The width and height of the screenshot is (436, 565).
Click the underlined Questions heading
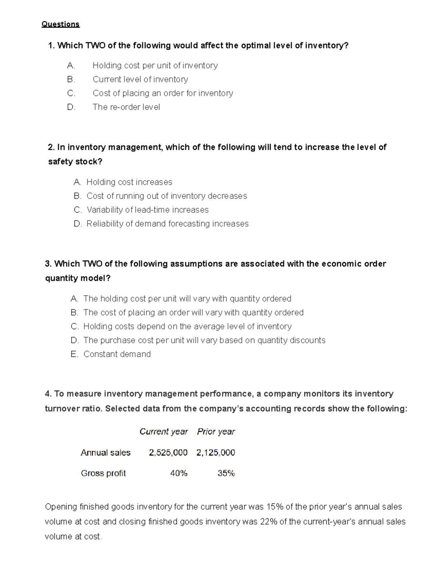point(60,24)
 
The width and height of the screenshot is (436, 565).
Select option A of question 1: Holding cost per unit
point(155,65)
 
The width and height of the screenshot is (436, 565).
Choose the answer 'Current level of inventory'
point(140,79)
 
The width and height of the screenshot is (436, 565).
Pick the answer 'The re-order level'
point(126,107)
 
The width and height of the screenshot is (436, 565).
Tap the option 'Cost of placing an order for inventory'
point(163,93)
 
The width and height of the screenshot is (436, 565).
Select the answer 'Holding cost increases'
point(129,182)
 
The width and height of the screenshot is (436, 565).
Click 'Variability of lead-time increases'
point(148,210)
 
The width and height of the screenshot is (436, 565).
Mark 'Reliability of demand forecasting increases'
point(167,224)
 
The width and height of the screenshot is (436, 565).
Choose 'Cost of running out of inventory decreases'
point(166,196)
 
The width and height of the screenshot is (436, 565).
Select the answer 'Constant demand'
point(117,354)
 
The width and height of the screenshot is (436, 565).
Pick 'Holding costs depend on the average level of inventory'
point(187,326)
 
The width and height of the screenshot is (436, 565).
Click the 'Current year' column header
point(163,431)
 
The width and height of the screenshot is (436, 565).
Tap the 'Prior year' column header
point(216,431)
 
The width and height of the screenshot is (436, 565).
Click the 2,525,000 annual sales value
point(168,453)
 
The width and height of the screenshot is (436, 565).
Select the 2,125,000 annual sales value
point(216,453)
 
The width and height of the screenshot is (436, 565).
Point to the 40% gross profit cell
point(179,473)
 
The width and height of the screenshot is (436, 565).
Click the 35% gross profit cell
point(226,473)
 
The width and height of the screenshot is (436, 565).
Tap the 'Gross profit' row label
point(103,473)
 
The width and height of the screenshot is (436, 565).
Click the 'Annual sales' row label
point(105,453)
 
